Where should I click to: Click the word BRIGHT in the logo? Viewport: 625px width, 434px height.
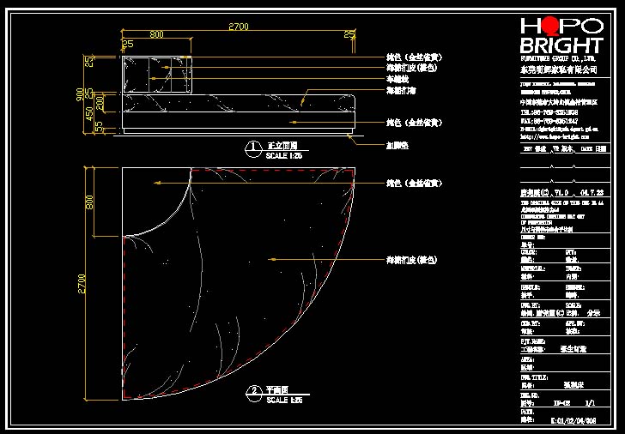click(x=561, y=45)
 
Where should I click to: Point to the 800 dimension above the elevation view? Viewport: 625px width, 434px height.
click(x=156, y=34)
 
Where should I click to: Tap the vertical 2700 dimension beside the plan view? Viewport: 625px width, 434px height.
click(x=83, y=283)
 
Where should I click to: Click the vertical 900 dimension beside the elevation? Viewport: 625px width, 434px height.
click(x=81, y=93)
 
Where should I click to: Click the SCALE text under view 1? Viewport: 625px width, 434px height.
click(x=283, y=157)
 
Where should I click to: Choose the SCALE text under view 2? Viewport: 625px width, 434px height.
click(x=283, y=400)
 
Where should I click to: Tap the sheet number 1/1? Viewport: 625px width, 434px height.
click(x=589, y=402)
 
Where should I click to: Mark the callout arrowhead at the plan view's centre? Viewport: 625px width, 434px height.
click(x=271, y=258)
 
